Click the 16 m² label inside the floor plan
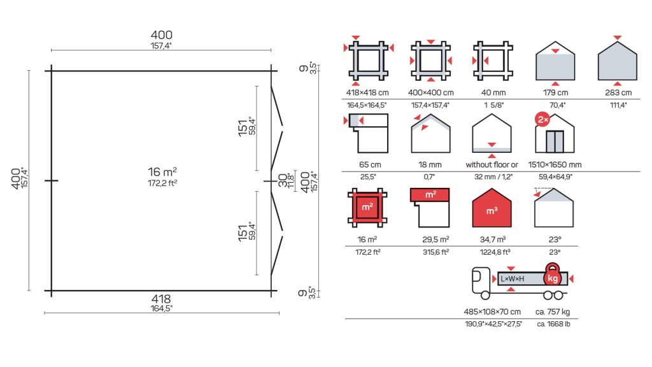[x=162, y=172]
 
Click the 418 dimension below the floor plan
[x=161, y=299]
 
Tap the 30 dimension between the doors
[x=283, y=180]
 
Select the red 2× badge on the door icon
[x=542, y=120]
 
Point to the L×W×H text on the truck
[x=513, y=279]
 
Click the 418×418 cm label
[x=367, y=93]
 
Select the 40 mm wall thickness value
[x=493, y=93]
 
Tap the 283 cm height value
[x=618, y=93]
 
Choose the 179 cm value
[x=555, y=93]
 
